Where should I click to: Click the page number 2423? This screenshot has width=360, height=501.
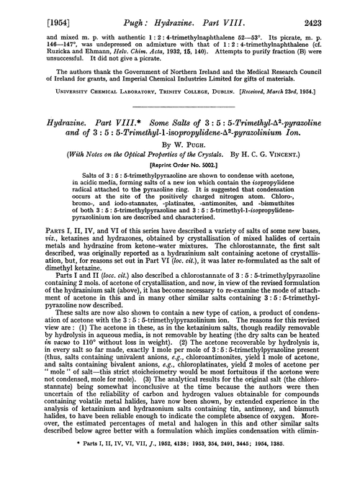[335, 12]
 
